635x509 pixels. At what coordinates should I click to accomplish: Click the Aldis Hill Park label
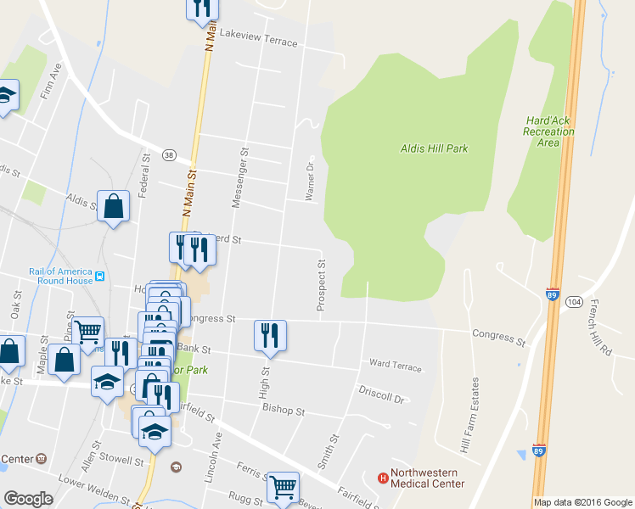point(434,148)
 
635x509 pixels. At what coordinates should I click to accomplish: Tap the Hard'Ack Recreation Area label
point(548,131)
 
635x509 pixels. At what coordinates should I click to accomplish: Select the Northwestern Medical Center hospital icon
point(383,478)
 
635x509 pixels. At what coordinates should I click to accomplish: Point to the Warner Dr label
point(310,178)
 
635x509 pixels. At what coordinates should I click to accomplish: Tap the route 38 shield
point(170,155)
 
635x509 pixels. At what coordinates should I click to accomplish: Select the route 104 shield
point(574,301)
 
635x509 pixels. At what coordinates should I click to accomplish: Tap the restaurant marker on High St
point(270,334)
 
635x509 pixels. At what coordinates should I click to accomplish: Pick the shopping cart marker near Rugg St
point(283,487)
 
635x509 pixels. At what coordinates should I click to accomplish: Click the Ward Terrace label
point(395,365)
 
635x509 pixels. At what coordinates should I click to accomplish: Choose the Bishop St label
point(284,411)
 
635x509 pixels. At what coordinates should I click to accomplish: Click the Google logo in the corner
point(28,499)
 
